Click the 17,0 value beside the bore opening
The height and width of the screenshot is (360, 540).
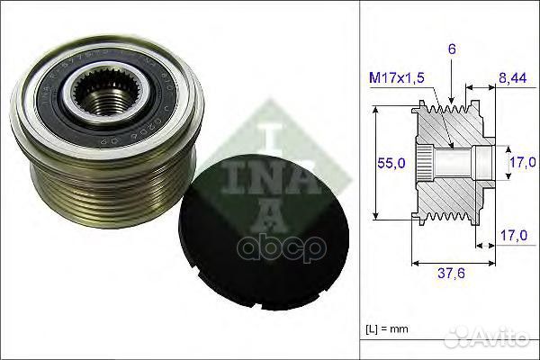coord(517,163)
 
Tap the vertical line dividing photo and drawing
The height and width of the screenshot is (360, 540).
coord(359,180)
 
